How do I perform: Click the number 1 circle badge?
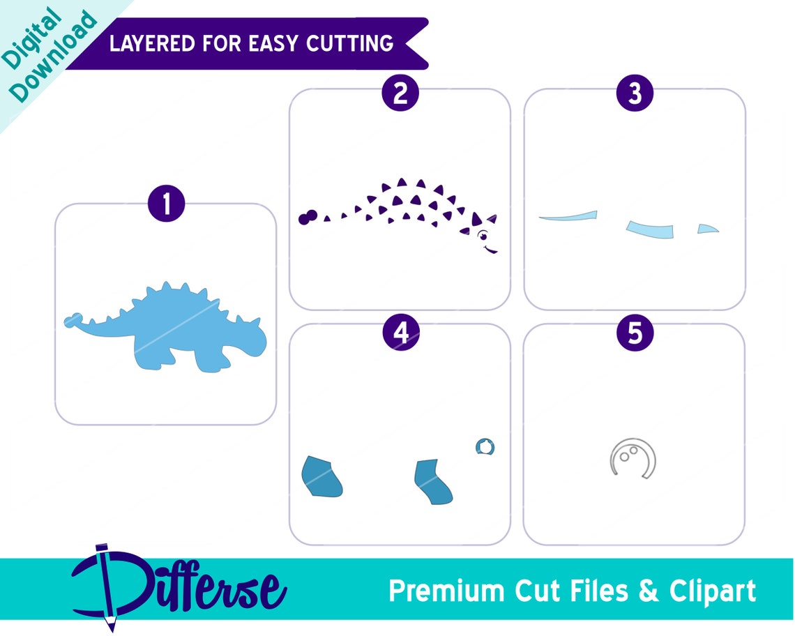click(x=166, y=204)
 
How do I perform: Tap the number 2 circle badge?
click(x=400, y=93)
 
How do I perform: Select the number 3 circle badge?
click(x=635, y=93)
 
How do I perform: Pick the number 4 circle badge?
click(x=400, y=333)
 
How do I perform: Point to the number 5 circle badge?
click(x=635, y=333)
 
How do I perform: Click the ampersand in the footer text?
click(x=648, y=591)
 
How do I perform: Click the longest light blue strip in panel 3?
click(x=569, y=216)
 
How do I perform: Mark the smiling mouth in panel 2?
click(x=491, y=248)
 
